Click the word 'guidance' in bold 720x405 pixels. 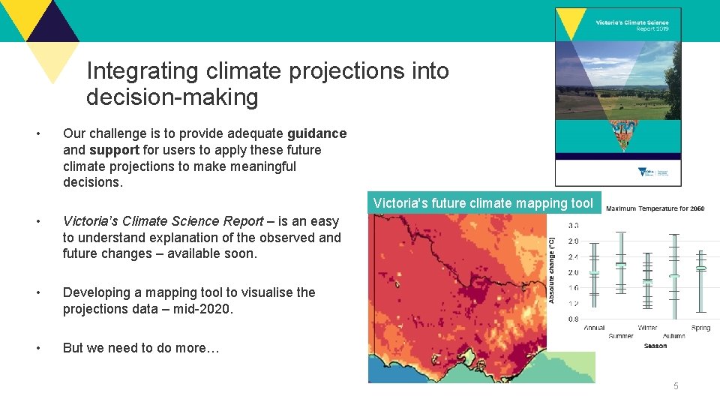tap(316, 133)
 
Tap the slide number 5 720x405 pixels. tap(676, 386)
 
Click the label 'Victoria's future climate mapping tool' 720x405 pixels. tap(483, 203)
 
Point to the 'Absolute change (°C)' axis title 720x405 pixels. tap(553, 271)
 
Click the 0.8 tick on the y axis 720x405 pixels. tap(572, 319)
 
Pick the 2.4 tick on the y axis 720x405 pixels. tap(572, 256)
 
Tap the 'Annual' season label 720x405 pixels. tap(594, 328)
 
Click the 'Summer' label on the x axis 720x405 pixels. tap(621, 336)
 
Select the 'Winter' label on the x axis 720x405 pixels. tap(647, 328)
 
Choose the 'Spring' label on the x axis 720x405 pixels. tap(700, 328)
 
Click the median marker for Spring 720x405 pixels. tap(700, 268)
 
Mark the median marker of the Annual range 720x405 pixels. tap(594, 272)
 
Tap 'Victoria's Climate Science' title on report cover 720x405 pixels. tap(631, 22)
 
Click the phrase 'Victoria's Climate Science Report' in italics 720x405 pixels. tap(163, 221)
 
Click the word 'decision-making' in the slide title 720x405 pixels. tap(172, 97)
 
